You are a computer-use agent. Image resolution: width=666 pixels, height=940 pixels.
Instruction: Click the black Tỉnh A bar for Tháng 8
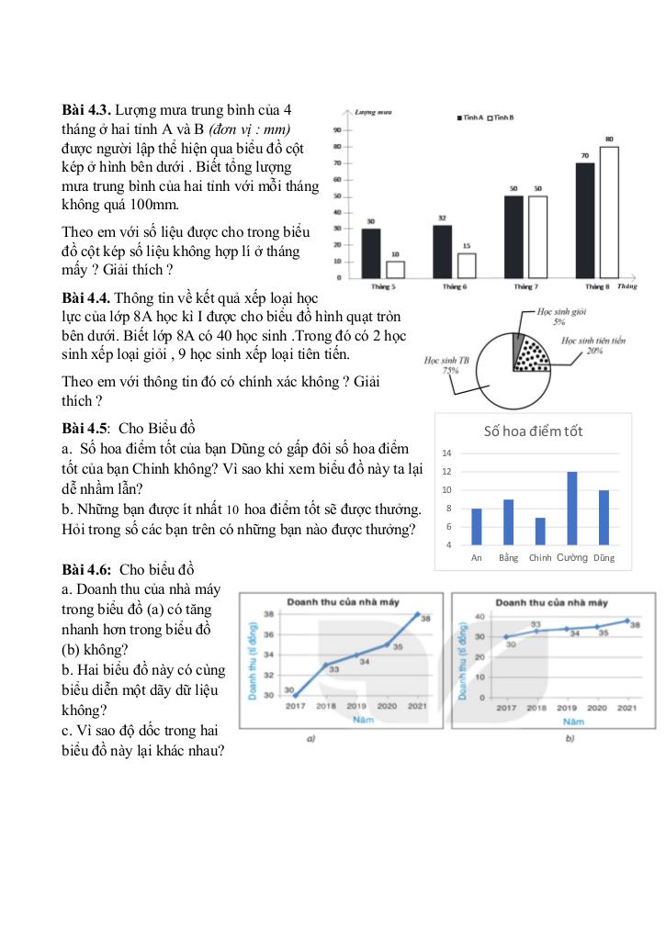[x=585, y=220]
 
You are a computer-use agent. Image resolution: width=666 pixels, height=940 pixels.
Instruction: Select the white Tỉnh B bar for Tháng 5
[x=395, y=269]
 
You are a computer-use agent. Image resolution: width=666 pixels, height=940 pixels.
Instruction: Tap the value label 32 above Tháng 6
[x=442, y=218]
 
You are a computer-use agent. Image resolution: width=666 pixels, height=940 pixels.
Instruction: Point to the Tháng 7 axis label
[x=525, y=287]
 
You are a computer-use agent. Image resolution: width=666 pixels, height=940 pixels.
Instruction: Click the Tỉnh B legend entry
[x=501, y=117]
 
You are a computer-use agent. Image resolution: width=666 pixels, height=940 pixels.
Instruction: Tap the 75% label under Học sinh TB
[x=451, y=371]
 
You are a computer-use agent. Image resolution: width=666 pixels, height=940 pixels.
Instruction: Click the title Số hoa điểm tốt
[x=533, y=431]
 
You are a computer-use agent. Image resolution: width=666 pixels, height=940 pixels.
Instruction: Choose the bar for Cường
[x=571, y=509]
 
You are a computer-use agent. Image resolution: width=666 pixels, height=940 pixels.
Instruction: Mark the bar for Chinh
[x=539, y=532]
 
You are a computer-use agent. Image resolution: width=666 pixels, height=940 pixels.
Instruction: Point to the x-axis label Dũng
[x=604, y=557]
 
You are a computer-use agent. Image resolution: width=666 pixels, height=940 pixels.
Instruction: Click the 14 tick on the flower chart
[x=446, y=453]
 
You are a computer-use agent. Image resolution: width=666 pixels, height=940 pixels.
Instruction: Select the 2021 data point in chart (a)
[x=416, y=613]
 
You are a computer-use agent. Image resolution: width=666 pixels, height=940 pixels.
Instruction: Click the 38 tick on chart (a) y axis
[x=268, y=613]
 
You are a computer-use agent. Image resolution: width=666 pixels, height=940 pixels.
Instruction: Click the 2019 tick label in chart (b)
[x=566, y=708]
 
